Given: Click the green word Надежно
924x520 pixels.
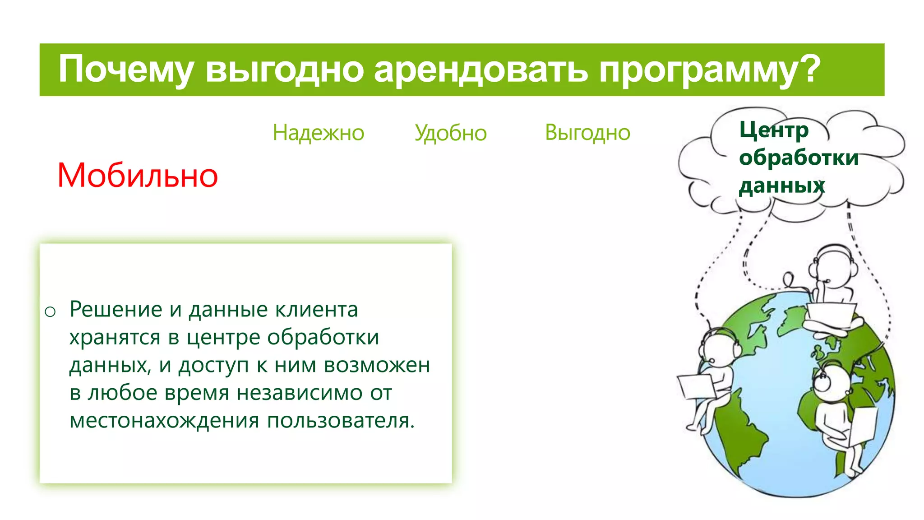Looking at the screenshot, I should [318, 133].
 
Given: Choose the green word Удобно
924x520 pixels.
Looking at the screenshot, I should [450, 133].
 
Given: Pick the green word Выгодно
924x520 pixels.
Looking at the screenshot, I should [587, 133].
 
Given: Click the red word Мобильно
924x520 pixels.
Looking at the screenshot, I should [138, 176].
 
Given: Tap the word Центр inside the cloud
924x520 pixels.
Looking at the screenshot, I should [773, 130].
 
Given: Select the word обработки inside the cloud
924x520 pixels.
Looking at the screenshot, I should [799, 158].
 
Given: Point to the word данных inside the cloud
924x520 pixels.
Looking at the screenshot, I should [781, 186].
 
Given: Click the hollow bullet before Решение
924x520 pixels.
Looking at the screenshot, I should [50, 311].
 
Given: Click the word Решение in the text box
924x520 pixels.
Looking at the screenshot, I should [115, 310].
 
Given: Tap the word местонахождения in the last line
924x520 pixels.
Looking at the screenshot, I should [164, 421].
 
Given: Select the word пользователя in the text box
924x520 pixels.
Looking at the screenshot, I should [341, 421].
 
